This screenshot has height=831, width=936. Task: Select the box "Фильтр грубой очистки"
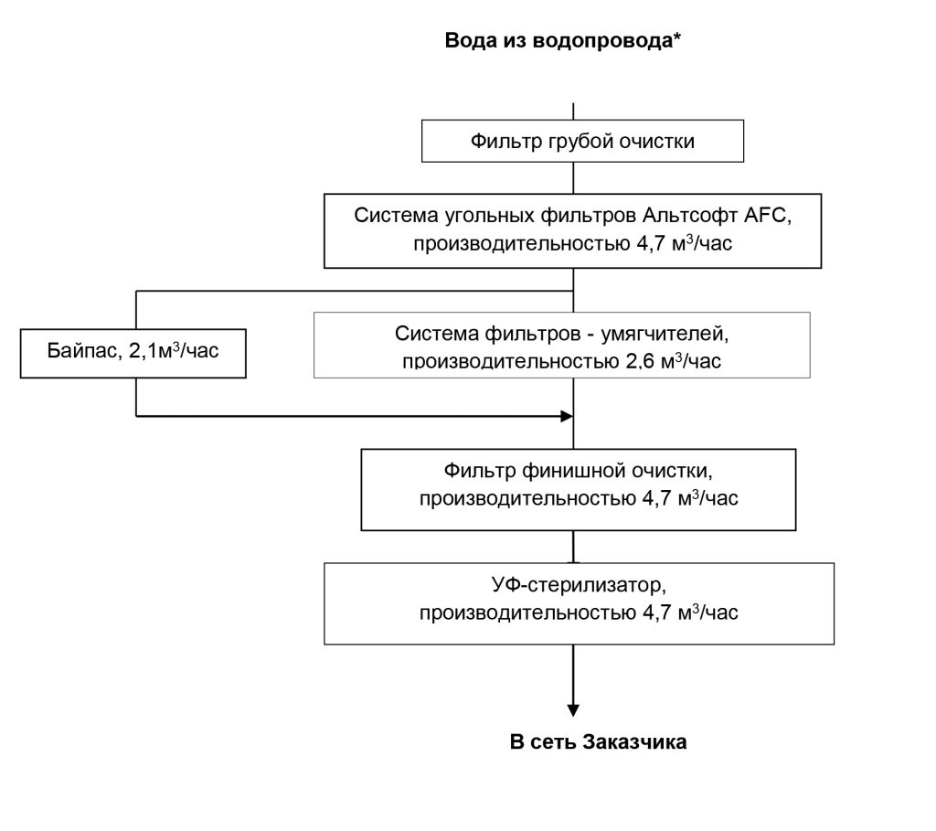pos(581,142)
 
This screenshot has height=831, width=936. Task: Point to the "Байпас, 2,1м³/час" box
pos(133,350)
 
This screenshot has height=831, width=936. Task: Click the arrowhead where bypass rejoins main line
pos(566,416)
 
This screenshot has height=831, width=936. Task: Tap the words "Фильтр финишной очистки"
pos(578,472)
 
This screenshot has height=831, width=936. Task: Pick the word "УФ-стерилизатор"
pos(578,585)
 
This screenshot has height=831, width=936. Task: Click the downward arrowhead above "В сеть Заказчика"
pos(573,709)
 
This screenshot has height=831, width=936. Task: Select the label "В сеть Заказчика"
pos(598,741)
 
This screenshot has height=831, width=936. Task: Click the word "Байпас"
pos(79,350)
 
